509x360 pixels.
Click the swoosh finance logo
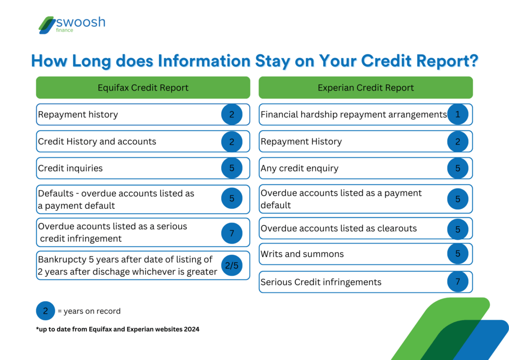pyautogui.click(x=72, y=25)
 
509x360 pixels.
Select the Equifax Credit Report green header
pyautogui.click(x=143, y=88)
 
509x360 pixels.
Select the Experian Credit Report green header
pyautogui.click(x=365, y=88)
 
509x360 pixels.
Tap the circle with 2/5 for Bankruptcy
pyautogui.click(x=232, y=266)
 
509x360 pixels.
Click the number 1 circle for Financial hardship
pyautogui.click(x=458, y=114)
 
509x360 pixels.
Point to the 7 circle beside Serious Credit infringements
pyautogui.click(x=458, y=282)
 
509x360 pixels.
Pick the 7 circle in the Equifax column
pyautogui.click(x=232, y=233)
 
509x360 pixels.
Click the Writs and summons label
pyautogui.click(x=302, y=254)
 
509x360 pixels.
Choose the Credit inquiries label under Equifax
pyautogui.click(x=71, y=168)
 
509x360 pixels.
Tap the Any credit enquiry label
pyautogui.click(x=299, y=168)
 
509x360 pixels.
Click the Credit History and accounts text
pyautogui.click(x=97, y=141)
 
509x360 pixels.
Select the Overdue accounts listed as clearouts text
pyautogui.click(x=339, y=229)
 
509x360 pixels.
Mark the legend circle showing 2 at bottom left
pyautogui.click(x=46, y=311)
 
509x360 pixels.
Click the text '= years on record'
pyautogui.click(x=89, y=311)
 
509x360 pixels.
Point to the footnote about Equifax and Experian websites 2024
pyautogui.click(x=117, y=329)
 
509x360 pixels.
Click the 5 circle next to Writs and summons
pyautogui.click(x=458, y=254)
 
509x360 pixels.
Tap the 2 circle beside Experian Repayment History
pyautogui.click(x=458, y=141)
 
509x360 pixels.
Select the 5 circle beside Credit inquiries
pyautogui.click(x=232, y=168)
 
